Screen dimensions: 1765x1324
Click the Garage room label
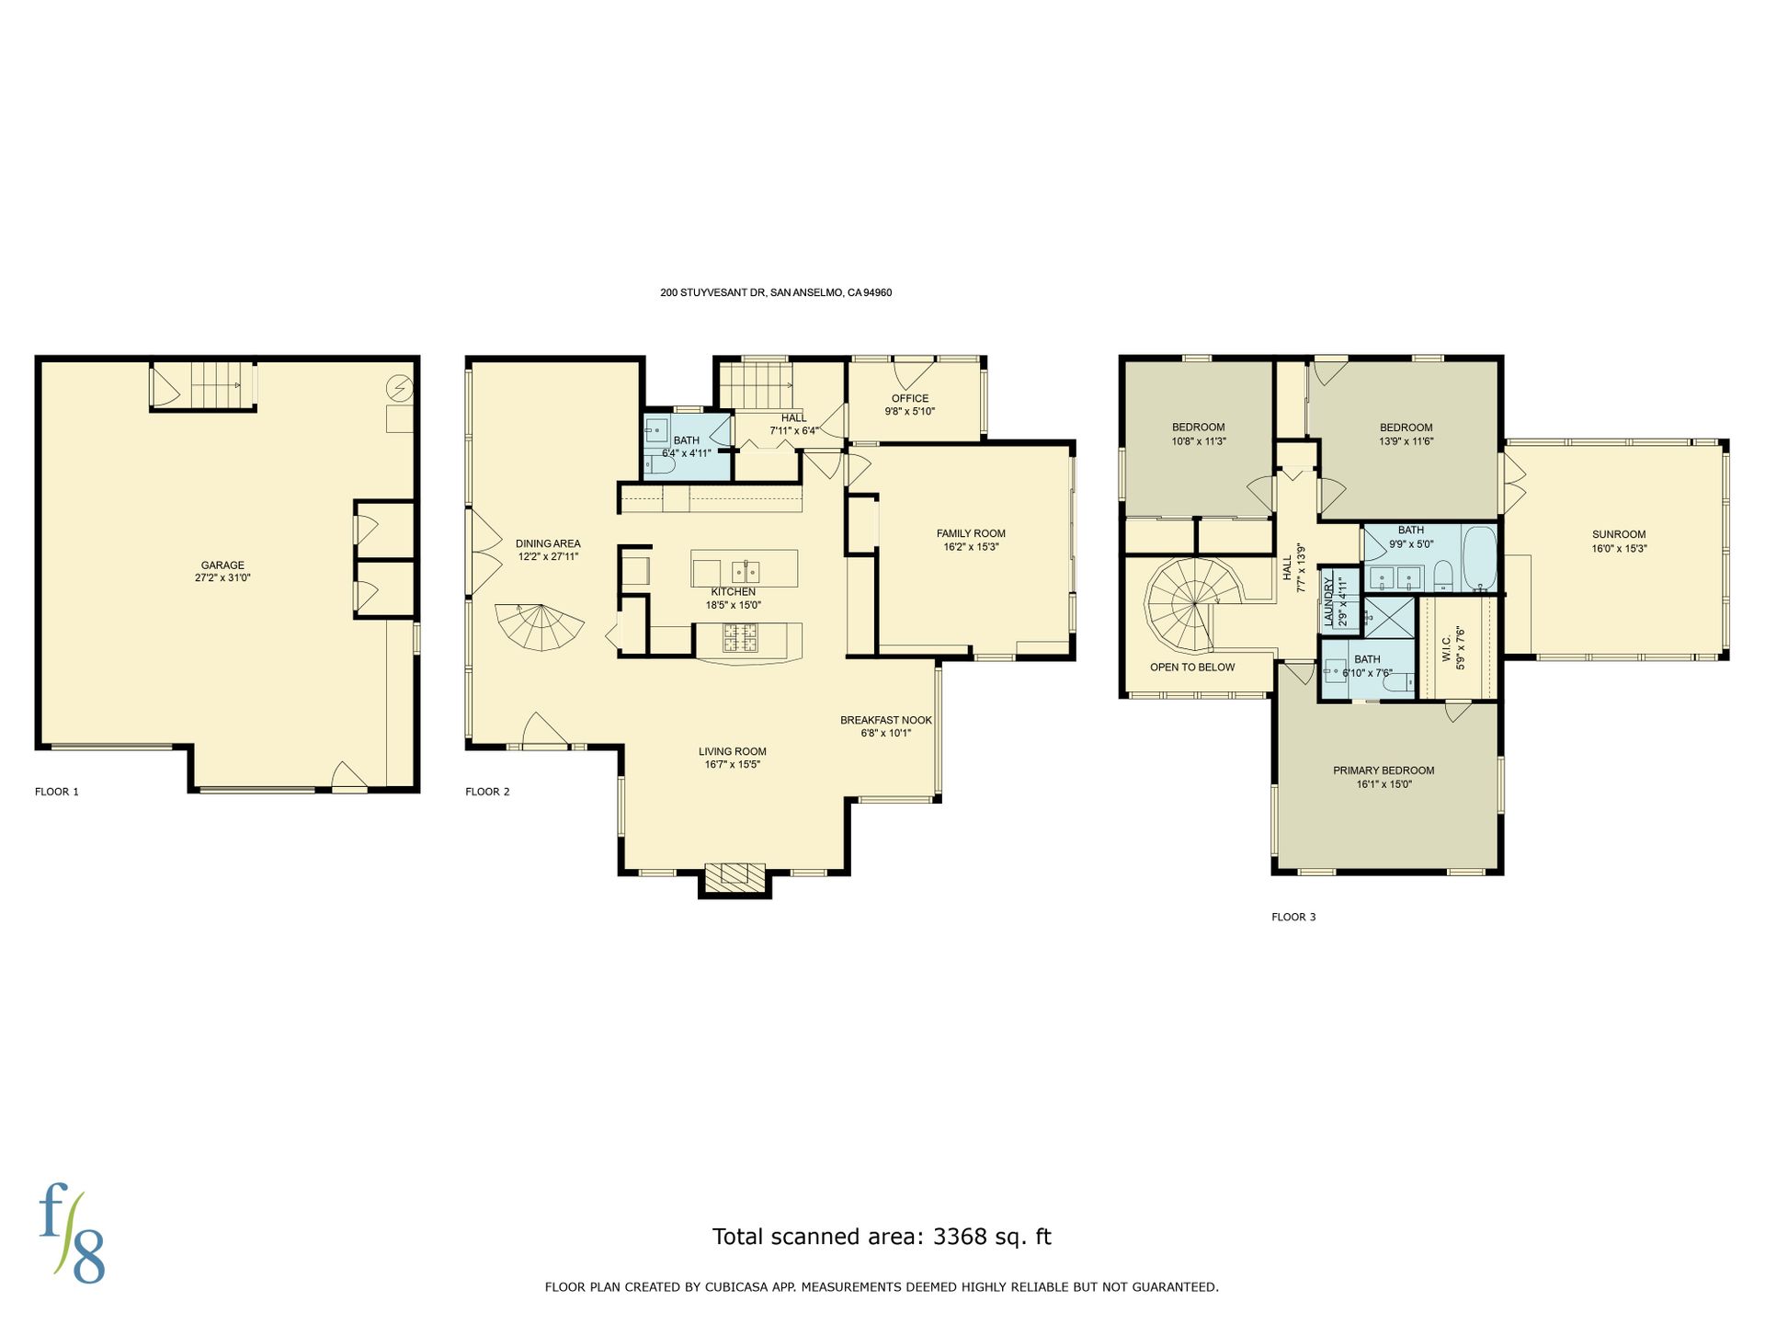point(222,565)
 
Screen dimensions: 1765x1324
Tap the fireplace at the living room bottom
point(734,878)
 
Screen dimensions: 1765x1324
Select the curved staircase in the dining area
point(541,626)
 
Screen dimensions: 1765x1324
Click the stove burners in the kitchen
point(740,637)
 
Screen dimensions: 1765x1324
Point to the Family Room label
point(971,533)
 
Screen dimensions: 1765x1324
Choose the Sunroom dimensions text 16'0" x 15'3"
point(1619,548)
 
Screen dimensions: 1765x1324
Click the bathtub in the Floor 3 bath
point(1479,557)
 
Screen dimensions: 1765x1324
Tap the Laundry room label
point(1328,601)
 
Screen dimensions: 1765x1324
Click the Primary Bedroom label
point(1384,770)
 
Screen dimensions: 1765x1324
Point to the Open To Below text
point(1192,667)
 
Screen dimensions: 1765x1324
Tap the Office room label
point(910,398)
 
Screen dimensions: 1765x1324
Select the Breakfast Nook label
point(886,720)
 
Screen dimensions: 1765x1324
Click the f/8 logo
point(72,1237)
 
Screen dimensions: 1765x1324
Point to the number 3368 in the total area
point(960,1237)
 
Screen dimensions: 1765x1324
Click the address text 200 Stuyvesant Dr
point(712,292)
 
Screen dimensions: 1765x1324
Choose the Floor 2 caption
point(487,792)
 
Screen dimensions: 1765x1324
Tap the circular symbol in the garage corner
point(399,389)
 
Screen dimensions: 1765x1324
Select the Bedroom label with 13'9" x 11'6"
point(1406,428)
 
